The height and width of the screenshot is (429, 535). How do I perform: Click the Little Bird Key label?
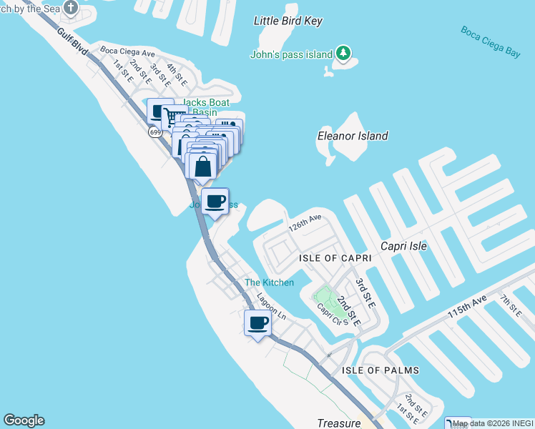tap(288, 21)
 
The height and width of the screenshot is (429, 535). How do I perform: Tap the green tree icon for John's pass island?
tap(344, 53)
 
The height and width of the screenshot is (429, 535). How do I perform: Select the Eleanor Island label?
tap(353, 136)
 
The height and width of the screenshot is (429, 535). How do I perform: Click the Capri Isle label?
tap(403, 246)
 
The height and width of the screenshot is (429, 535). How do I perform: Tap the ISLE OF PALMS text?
tap(380, 370)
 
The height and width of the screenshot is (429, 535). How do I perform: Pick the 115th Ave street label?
tap(466, 306)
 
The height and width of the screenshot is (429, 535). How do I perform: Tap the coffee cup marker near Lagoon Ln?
tap(257, 322)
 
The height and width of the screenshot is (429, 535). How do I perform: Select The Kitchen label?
tap(269, 282)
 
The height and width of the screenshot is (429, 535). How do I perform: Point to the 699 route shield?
tap(155, 132)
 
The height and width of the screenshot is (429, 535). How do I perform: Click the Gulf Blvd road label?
tap(73, 42)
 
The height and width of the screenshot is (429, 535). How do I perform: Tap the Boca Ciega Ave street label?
tap(127, 52)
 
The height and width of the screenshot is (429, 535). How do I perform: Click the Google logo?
tap(24, 420)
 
